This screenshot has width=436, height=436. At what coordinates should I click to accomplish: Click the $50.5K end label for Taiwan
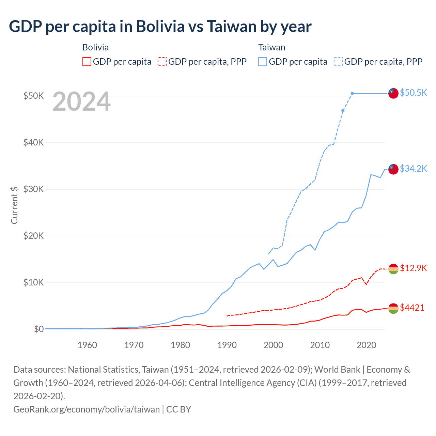coord(413,93)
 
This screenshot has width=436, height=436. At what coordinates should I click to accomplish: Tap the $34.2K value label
coord(413,169)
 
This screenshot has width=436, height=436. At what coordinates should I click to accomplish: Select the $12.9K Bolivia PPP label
coord(413,268)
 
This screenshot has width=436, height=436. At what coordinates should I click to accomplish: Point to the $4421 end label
coord(412,308)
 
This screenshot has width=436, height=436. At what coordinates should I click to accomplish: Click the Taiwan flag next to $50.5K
coord(393,93)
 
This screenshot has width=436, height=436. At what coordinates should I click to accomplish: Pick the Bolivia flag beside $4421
coord(393,308)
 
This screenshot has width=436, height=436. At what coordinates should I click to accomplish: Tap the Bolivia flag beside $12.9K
coord(393,269)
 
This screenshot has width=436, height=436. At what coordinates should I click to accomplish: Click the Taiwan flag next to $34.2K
coord(393,169)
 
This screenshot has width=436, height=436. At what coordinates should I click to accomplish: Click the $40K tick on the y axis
coord(33,142)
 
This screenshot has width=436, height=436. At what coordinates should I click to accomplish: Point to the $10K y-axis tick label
coord(33,282)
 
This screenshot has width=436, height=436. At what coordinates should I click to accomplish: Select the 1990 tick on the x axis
coord(227,345)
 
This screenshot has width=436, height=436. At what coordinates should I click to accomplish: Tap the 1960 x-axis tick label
coord(87,345)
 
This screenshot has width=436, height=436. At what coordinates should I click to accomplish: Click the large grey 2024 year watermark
coord(81,102)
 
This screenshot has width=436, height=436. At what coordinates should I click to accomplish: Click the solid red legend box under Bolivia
coord(87,62)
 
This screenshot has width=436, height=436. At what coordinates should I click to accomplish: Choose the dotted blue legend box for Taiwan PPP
coord(338,62)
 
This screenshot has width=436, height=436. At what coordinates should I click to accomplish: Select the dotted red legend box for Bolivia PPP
coord(162,62)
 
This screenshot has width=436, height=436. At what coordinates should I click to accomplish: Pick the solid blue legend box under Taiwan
coord(263,62)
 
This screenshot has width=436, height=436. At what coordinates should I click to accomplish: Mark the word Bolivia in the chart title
coord(160,27)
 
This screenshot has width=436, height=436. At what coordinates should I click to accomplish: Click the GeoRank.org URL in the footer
coord(87,409)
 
